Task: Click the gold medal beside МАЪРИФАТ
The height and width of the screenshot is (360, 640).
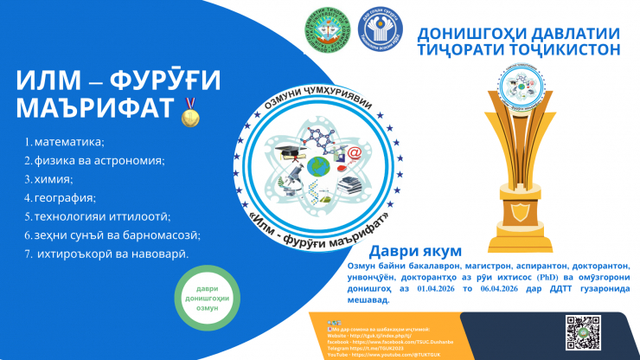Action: (189, 113)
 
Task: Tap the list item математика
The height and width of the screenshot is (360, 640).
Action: (67, 141)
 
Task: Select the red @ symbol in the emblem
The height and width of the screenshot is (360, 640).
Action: (353, 153)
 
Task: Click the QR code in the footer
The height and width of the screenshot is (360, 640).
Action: (583, 331)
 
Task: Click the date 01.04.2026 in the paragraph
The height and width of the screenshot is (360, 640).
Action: (445, 288)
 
